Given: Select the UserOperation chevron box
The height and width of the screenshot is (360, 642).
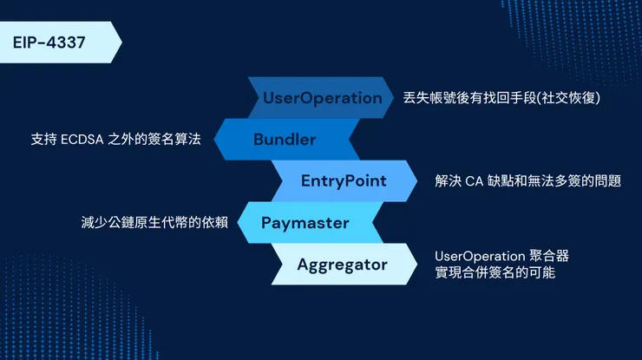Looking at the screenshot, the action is [321, 98].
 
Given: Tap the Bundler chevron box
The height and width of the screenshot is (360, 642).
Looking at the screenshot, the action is [286, 140].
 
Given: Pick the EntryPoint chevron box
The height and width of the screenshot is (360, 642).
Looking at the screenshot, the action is [344, 181].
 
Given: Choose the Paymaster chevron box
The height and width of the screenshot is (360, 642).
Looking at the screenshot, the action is [311, 223].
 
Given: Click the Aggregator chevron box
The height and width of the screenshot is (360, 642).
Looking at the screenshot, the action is [344, 265].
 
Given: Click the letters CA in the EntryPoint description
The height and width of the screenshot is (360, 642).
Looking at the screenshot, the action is [475, 181].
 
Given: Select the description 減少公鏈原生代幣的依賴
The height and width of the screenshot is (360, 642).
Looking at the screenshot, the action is [154, 222].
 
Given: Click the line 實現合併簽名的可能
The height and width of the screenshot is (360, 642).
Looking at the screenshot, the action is [495, 272].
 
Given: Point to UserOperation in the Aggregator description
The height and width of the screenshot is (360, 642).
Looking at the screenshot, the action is [480, 257].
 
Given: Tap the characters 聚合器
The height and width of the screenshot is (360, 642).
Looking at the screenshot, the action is [549, 256].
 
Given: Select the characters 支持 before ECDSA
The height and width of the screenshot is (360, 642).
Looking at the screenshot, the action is [43, 140].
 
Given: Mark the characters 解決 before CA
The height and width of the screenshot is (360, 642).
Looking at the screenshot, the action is [448, 181].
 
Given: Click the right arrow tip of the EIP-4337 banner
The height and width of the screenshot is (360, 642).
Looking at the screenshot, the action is [122, 43].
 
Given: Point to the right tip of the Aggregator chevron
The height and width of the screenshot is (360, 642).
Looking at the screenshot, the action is [417, 265].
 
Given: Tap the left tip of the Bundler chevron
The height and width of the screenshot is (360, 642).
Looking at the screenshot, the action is [214, 140].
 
